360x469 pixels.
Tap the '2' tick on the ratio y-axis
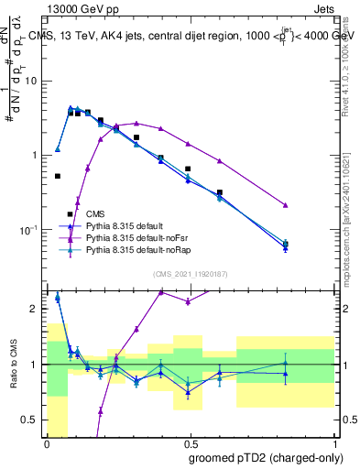pyautogui.click(x=36, y=309)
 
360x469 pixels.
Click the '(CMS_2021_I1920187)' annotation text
pyautogui.click(x=191, y=274)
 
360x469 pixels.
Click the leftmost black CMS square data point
pyautogui.click(x=58, y=176)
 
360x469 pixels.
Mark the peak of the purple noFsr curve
pyautogui.click(x=136, y=123)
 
